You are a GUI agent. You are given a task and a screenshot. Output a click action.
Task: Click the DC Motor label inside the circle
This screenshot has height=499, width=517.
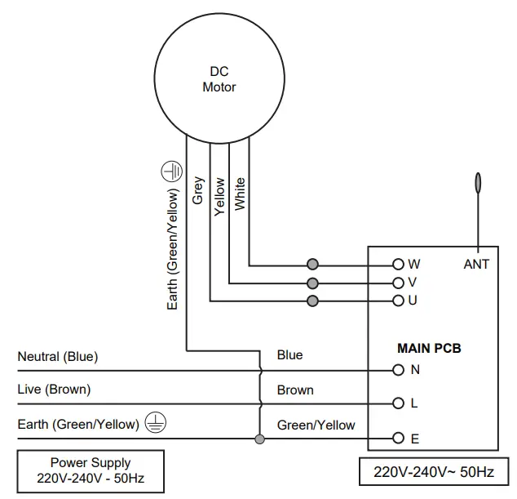coord(219,79)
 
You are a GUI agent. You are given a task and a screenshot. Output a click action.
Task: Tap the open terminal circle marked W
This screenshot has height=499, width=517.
coord(398,264)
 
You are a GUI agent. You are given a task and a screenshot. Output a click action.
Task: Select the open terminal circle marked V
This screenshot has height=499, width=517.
coord(398,283)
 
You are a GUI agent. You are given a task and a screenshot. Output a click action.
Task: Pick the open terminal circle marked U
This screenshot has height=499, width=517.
coord(398,301)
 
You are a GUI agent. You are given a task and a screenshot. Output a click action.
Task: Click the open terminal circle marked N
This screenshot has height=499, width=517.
coord(398,370)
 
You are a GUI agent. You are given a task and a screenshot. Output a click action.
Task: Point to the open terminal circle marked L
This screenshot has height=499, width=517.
coord(398,403)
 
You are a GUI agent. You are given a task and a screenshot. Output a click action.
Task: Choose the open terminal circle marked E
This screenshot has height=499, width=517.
coord(398,438)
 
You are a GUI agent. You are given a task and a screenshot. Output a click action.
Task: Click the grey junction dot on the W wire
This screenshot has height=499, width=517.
coord(312,264)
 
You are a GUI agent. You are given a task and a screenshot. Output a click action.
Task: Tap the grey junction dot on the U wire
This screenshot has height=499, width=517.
coord(312,301)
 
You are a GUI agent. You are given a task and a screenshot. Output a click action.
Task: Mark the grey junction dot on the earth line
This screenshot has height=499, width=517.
coord(260,439)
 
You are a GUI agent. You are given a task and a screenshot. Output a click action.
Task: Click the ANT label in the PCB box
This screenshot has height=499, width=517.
coord(476,264)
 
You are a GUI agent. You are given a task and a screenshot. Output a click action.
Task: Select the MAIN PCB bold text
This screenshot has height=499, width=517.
coord(429,349)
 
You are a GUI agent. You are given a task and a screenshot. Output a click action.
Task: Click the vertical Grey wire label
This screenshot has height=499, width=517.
coord(198,190)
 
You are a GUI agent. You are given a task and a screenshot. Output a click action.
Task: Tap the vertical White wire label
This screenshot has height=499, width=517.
coord(240,194)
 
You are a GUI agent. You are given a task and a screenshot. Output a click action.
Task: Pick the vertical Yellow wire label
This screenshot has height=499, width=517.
coord(219,197)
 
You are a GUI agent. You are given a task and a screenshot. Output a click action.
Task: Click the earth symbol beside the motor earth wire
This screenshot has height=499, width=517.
coord(171,172)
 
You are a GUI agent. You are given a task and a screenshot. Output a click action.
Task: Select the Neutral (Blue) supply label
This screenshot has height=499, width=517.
coord(58,357)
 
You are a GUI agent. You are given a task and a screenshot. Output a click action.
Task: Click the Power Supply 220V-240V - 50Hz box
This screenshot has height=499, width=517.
coord(91,471)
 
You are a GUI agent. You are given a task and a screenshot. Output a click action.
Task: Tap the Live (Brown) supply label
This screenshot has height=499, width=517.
coord(54,390)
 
